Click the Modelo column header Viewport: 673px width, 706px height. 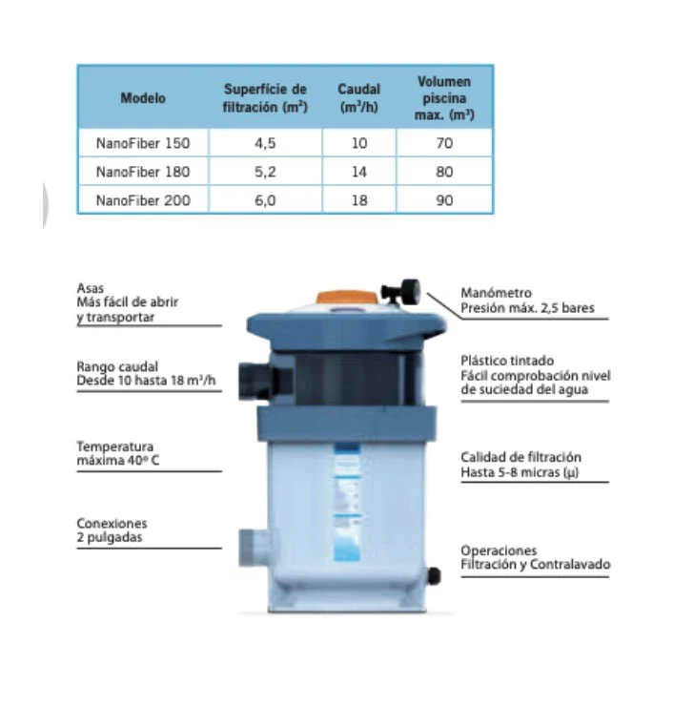tap(143, 97)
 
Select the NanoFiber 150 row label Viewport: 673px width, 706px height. tap(143, 143)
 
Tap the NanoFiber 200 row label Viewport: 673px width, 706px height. tap(143, 200)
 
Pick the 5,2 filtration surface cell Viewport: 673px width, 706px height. tap(265, 172)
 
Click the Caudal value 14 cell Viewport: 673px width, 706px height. tap(359, 172)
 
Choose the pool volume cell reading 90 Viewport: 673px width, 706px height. tap(444, 200)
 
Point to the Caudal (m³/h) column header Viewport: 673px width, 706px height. tap(359, 97)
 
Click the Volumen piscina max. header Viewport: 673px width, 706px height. tap(444, 97)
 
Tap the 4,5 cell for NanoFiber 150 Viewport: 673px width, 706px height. tap(265, 143)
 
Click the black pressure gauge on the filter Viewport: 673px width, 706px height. tap(401, 292)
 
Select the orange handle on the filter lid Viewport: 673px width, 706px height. tap(346, 297)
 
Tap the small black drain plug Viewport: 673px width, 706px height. tap(433, 575)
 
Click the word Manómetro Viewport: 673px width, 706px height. tap(496, 293)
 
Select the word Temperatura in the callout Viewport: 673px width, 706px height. tap(115, 446)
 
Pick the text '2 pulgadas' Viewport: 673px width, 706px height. tap(110, 537)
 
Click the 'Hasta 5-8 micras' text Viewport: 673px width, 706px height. tap(520, 472)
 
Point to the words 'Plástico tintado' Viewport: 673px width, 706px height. tap(507, 361)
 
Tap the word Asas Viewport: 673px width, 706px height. tap(90, 288)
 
